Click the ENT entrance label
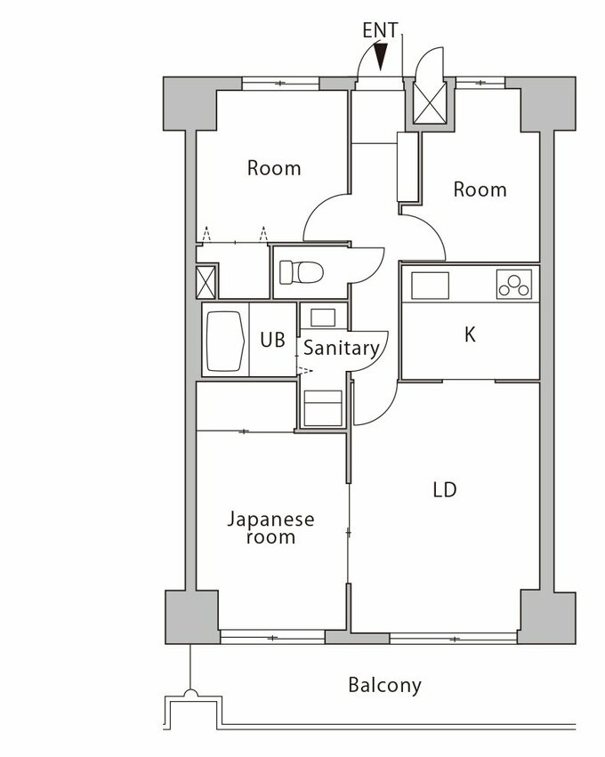tap(380, 30)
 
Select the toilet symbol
tap(302, 272)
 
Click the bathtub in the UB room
tap(225, 340)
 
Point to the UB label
tap(273, 340)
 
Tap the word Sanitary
tap(342, 349)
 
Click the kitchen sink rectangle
tap(430, 286)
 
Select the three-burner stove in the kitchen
tap(513, 284)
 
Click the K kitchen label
tap(470, 334)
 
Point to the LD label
tap(445, 490)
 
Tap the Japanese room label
tap(270, 528)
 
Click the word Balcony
tap(385, 685)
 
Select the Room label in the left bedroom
tap(274, 168)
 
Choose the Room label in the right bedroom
tap(480, 189)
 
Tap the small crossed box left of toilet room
tap(206, 282)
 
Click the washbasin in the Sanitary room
tap(323, 318)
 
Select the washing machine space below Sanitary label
tap(323, 408)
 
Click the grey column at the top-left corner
tap(190, 103)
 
